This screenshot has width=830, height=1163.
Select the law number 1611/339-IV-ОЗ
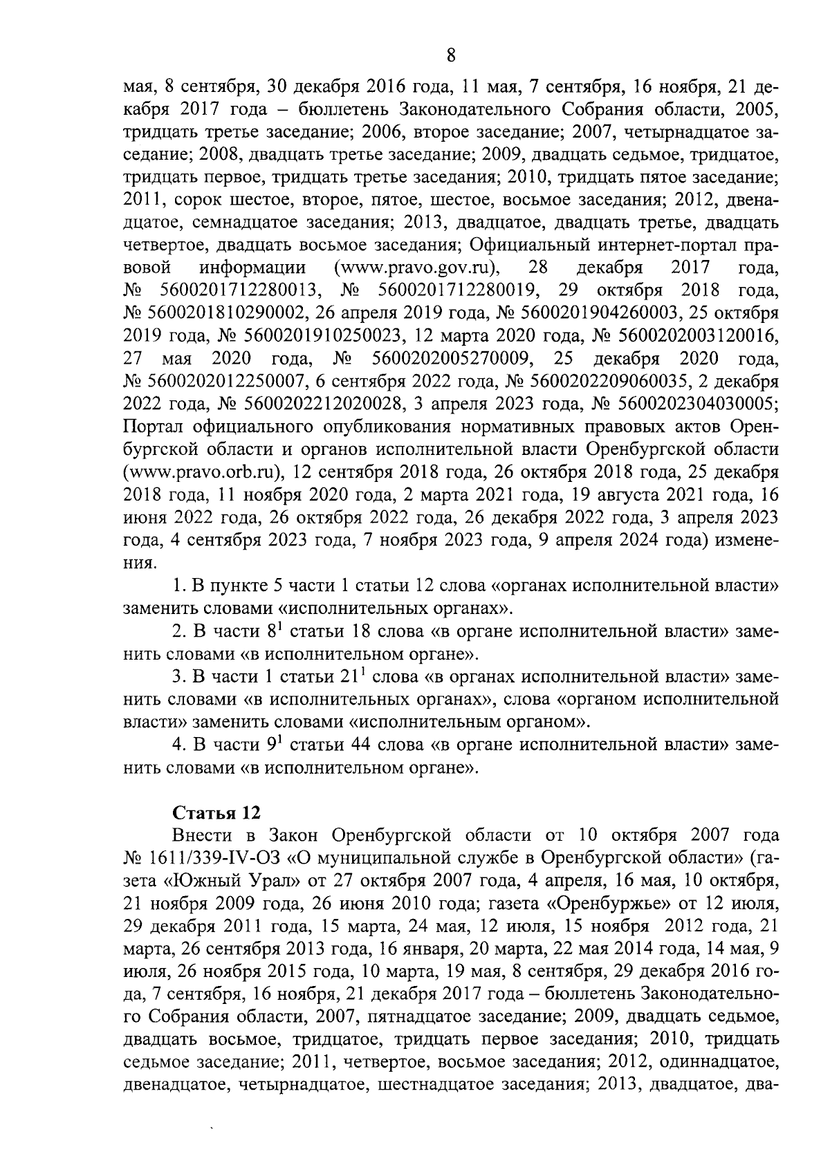(214, 857)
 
